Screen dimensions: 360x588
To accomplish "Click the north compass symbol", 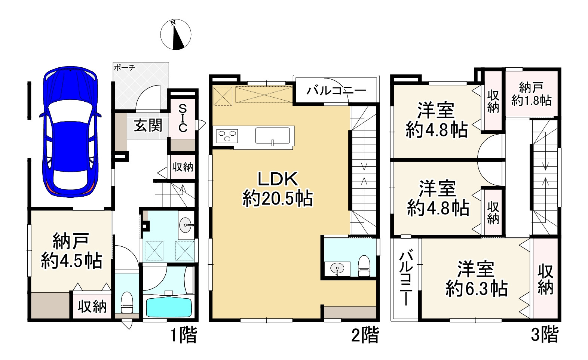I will tap(176, 34).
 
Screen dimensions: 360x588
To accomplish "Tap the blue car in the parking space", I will tap(70, 133).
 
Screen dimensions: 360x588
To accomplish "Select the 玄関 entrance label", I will tap(148, 126).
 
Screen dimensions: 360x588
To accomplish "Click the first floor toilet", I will tap(127, 302).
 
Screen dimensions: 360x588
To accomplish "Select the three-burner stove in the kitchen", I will tap(227, 135).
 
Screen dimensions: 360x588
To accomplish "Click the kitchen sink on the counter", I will tap(273, 135).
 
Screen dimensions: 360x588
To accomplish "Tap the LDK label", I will tap(278, 179).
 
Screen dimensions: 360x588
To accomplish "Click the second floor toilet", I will tap(364, 266).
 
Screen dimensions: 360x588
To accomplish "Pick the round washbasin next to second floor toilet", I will tap(338, 268).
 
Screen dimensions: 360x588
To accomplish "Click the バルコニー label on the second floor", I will tap(336, 91).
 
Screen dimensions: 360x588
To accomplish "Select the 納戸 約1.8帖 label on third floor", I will tap(531, 94).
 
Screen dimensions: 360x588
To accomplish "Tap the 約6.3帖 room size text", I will tap(476, 289).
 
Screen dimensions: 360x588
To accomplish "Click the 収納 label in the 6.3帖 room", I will tap(545, 279).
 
